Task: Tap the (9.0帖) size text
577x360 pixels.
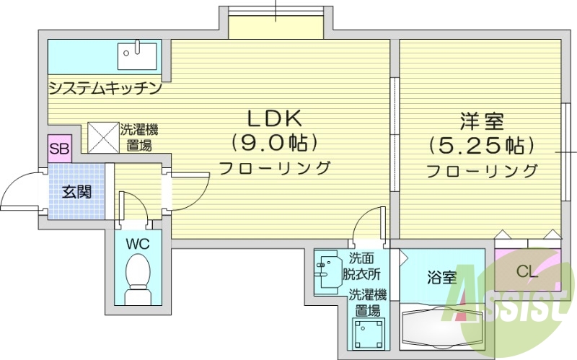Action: click(274, 142)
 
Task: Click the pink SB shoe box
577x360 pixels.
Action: click(58, 150)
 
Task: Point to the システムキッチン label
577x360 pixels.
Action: click(105, 88)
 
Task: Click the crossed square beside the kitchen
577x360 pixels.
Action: click(102, 136)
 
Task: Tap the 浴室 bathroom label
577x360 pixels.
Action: click(441, 276)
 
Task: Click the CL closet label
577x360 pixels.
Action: click(527, 271)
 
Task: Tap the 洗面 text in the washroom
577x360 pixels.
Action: click(363, 258)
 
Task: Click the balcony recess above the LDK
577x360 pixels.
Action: click(276, 25)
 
